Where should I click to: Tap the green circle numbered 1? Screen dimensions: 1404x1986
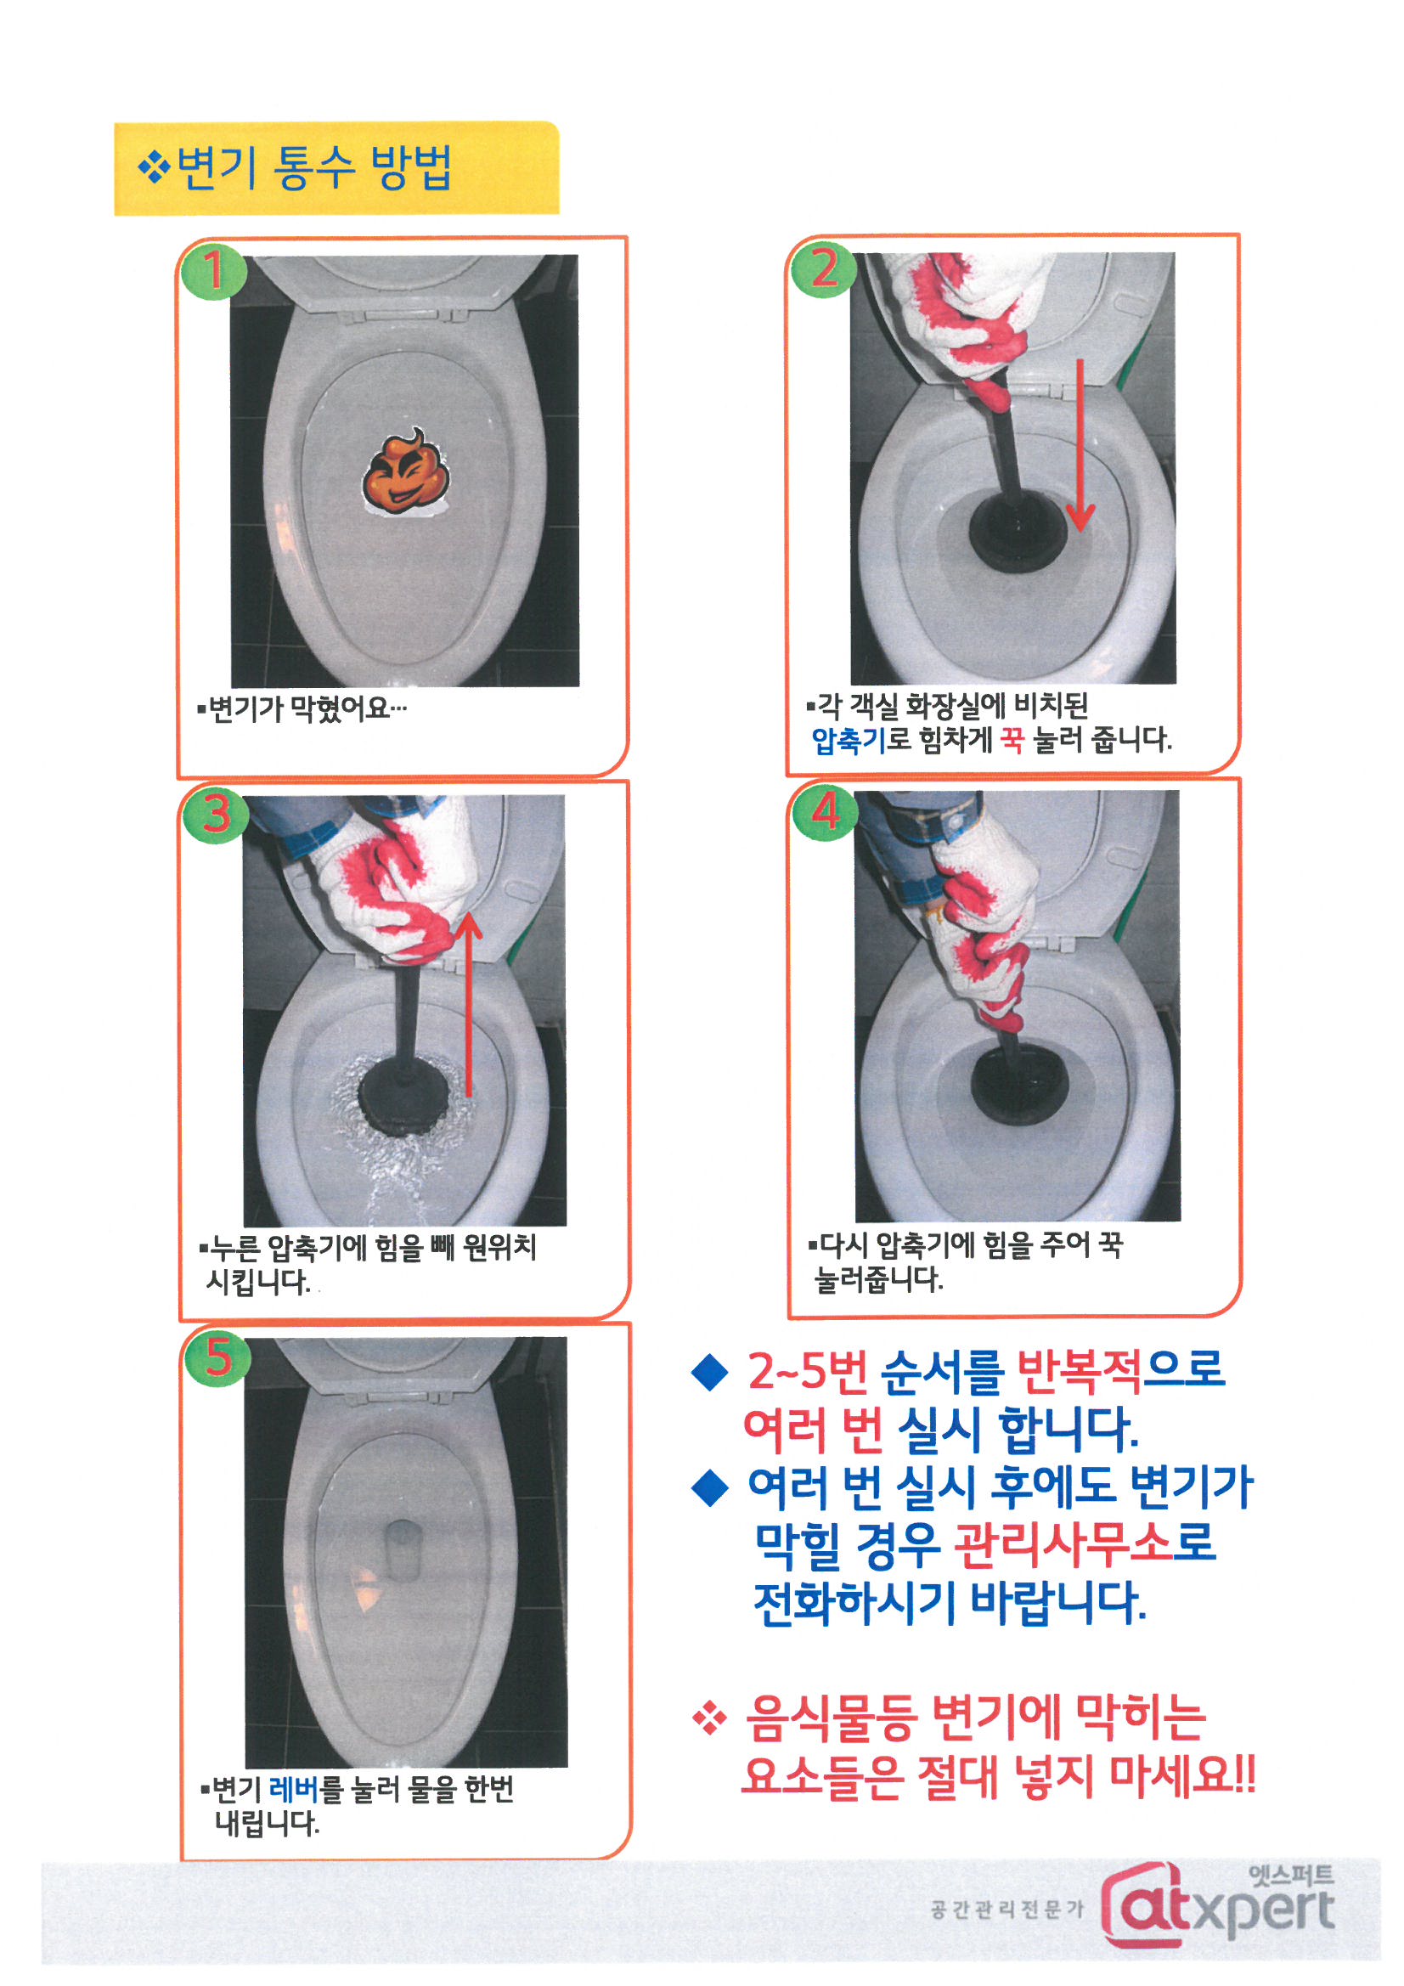[x=213, y=270]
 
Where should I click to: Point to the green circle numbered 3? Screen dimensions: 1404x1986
[x=216, y=812]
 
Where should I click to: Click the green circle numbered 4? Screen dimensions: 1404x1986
[x=826, y=810]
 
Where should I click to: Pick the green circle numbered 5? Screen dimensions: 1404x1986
[x=217, y=1357]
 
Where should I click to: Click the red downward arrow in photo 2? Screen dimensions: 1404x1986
[x=1080, y=444]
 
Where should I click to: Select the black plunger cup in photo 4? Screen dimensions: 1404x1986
[x=1019, y=1081]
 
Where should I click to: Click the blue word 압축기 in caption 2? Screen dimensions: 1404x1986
[x=848, y=740]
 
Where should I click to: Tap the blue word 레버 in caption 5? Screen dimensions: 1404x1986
[x=294, y=1788]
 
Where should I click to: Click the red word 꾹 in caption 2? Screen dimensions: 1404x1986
[x=1011, y=740]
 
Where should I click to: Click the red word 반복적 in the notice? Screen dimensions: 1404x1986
[x=1079, y=1369]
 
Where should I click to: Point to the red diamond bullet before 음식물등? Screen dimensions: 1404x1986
[x=709, y=1717]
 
